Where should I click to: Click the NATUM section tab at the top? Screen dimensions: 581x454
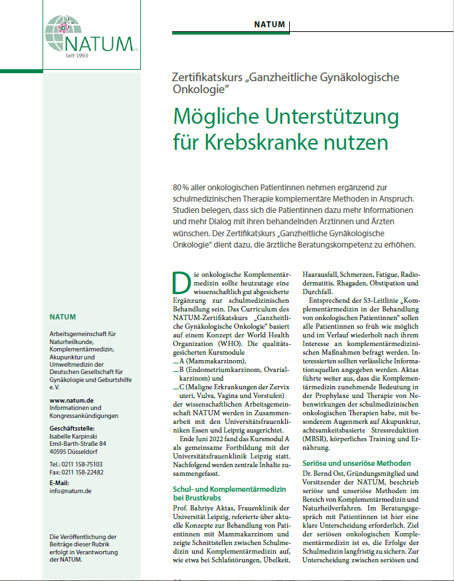click(270, 25)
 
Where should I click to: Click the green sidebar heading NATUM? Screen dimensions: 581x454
click(62, 317)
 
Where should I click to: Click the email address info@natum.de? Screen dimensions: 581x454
click(70, 491)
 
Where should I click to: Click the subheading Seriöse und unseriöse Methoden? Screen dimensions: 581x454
click(357, 463)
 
